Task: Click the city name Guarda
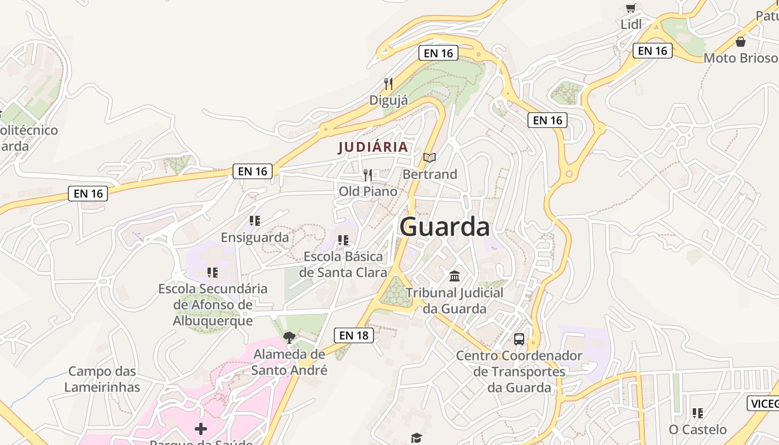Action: tap(445, 227)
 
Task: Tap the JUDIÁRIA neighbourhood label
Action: tap(373, 147)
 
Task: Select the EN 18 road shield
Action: tap(354, 335)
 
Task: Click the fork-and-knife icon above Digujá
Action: tap(388, 84)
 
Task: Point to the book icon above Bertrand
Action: tap(429, 158)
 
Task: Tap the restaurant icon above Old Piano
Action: tap(367, 175)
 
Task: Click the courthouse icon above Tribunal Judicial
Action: tap(455, 276)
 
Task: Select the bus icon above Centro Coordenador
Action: tap(519, 339)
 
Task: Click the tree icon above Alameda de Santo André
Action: tap(289, 337)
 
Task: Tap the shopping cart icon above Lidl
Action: tap(630, 8)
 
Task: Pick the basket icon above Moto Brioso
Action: tap(740, 42)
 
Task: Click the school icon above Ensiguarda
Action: tap(255, 221)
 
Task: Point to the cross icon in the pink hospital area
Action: tap(201, 429)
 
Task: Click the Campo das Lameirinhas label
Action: tap(102, 379)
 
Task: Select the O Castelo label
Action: tap(697, 429)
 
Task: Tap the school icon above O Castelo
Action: tap(697, 413)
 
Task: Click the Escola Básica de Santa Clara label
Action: tap(343, 264)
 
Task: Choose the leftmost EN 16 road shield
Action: tap(88, 194)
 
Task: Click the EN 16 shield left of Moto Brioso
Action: tap(652, 51)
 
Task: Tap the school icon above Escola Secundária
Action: tap(212, 273)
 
